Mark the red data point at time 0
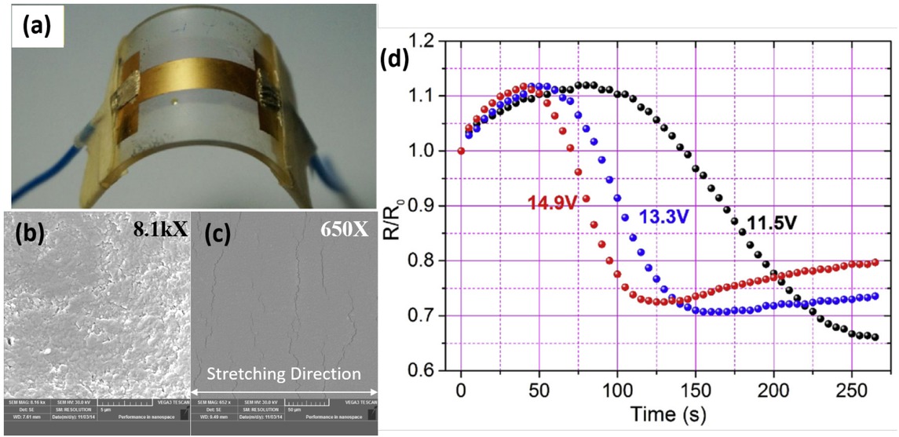coord(461,151)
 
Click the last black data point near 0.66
coord(875,337)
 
